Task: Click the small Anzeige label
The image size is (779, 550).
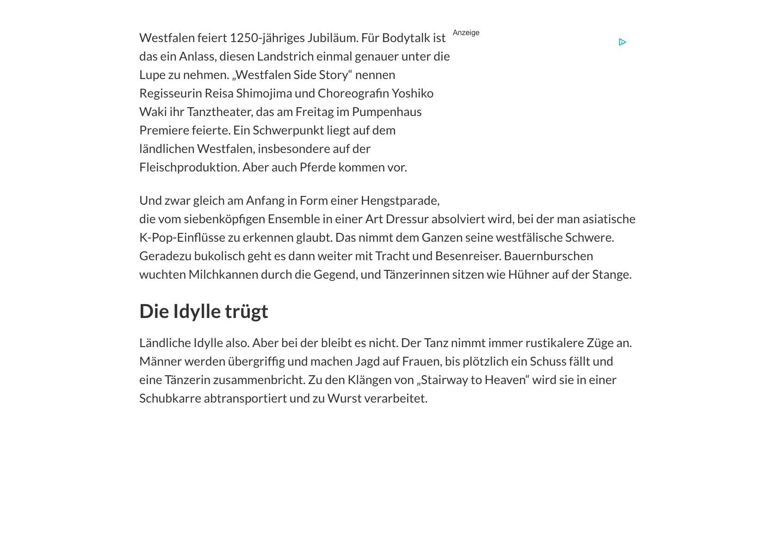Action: click(466, 33)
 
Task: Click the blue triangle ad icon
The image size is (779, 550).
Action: click(622, 42)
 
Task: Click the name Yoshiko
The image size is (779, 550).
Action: click(413, 93)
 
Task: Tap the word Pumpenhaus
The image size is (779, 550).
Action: click(387, 112)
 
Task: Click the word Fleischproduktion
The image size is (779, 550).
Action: click(189, 167)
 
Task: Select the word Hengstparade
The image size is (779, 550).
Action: click(400, 201)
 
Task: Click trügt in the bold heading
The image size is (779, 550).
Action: click(246, 312)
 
